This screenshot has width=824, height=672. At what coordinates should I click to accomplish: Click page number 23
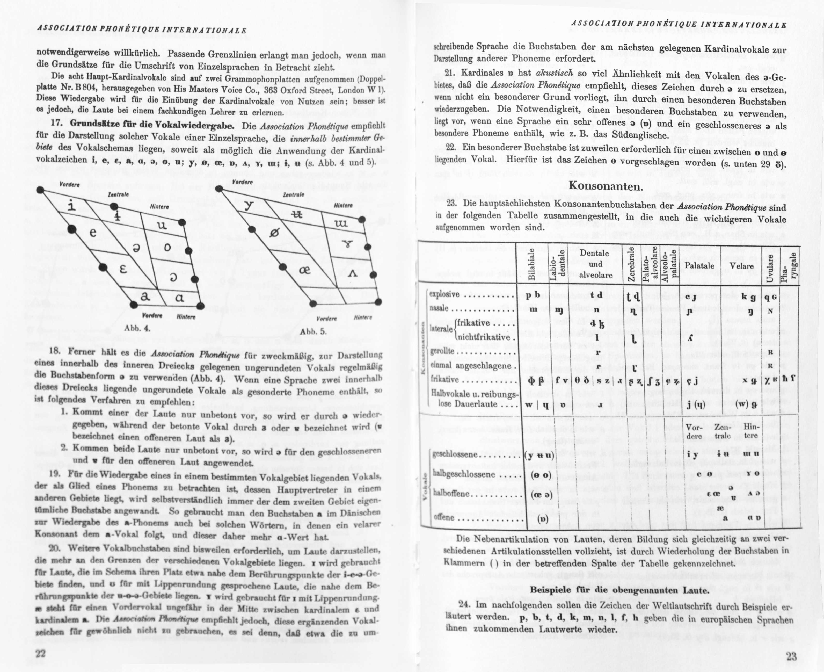[791, 656]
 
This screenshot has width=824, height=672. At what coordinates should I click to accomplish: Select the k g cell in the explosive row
[748, 297]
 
